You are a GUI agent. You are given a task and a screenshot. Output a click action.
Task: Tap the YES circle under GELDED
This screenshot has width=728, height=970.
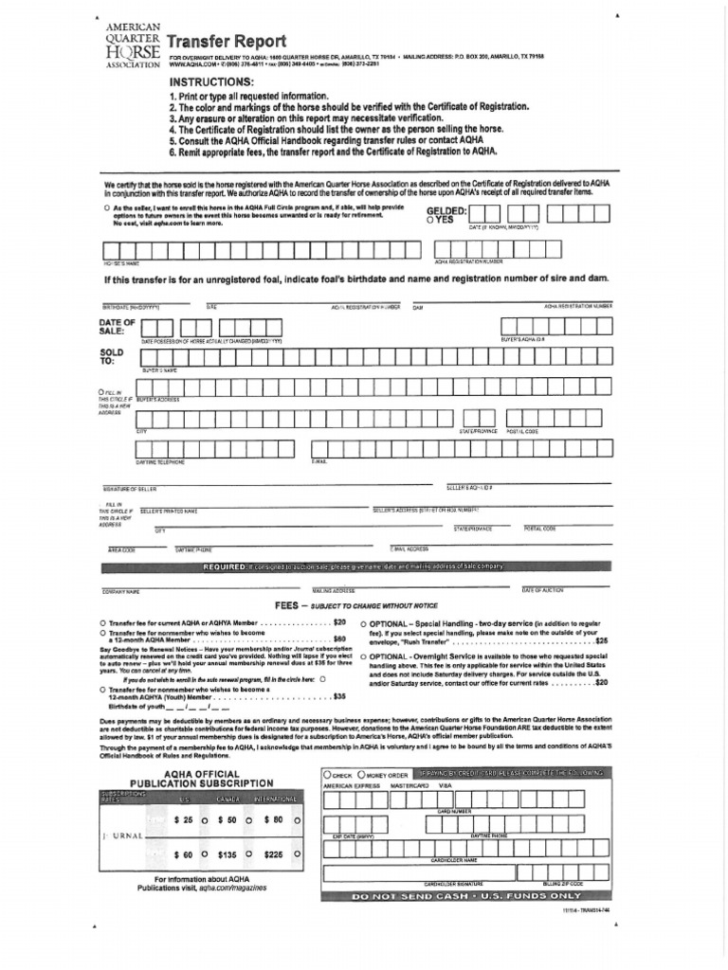click(x=431, y=220)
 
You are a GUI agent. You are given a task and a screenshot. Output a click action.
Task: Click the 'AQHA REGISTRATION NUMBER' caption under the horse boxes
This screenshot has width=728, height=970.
click(x=467, y=261)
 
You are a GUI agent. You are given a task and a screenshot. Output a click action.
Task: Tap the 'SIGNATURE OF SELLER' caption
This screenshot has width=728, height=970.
click(x=130, y=488)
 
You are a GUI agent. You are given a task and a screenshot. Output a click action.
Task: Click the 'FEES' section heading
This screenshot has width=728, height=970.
click(x=287, y=603)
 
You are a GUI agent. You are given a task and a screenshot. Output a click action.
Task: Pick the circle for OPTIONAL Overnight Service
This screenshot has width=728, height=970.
click(x=365, y=656)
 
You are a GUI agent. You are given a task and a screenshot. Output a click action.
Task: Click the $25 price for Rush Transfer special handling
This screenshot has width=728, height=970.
click(x=601, y=641)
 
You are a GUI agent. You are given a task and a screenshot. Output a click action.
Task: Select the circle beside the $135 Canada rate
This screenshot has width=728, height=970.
click(x=247, y=854)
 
